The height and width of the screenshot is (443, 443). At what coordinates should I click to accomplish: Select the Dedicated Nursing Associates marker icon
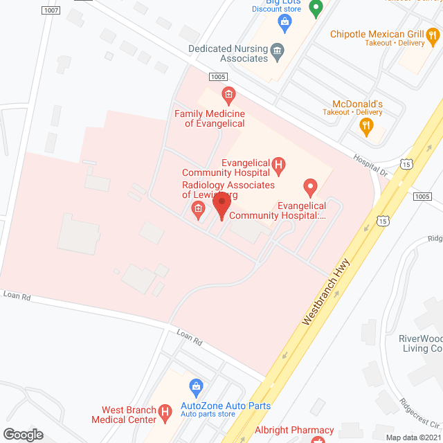coord(277,50)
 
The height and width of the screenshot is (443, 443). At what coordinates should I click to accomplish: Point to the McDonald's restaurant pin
coord(365,126)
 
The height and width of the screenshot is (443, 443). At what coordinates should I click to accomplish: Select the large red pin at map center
coord(221,205)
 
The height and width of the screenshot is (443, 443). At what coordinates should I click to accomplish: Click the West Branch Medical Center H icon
coord(165,413)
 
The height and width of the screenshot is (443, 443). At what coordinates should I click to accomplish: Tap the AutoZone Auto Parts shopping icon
coord(196,385)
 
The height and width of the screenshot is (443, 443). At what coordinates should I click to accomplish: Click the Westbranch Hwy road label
coord(326,293)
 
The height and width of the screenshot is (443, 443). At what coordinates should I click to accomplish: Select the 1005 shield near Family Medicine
coord(217,77)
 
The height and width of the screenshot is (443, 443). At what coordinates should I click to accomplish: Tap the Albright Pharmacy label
coord(295,431)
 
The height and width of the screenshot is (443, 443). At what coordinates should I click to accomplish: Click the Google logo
coord(22,434)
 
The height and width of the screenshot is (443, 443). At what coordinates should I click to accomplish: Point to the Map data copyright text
coord(413,437)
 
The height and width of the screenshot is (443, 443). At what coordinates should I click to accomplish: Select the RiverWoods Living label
coord(419,343)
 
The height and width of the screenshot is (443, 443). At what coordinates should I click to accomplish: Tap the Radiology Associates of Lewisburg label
coord(219,190)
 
